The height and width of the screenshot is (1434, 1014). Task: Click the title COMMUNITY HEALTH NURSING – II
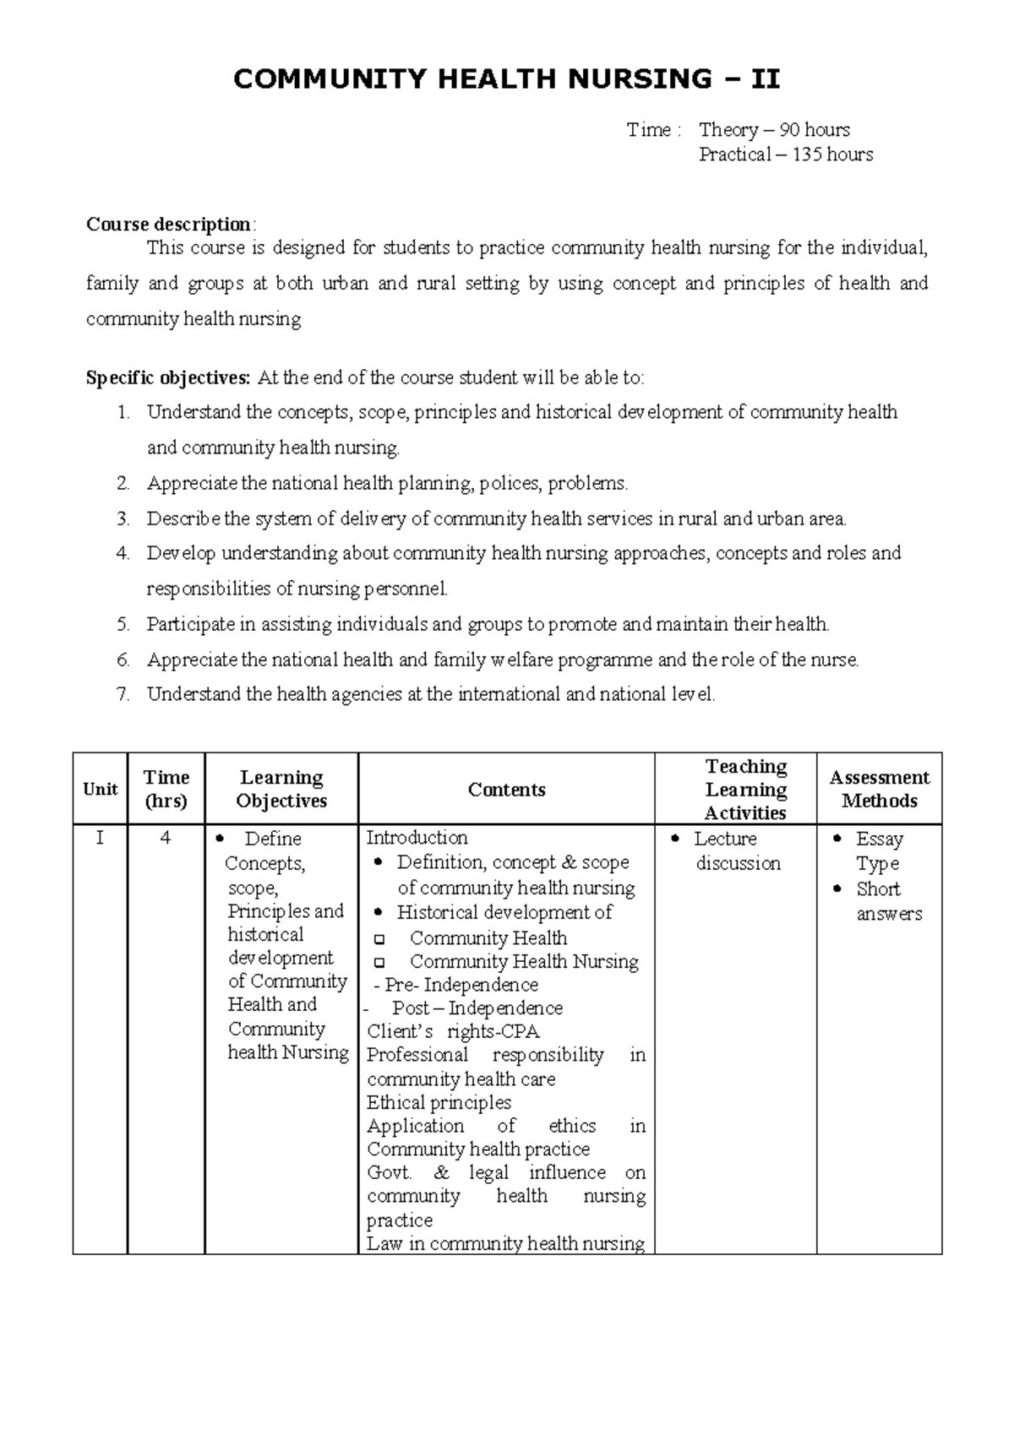click(506, 79)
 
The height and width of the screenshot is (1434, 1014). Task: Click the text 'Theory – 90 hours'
click(774, 130)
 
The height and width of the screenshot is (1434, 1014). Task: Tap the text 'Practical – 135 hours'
click(786, 155)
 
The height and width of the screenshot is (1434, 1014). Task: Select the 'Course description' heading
click(168, 225)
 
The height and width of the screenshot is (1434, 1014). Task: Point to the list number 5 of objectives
click(123, 625)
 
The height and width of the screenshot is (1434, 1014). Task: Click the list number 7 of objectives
click(123, 695)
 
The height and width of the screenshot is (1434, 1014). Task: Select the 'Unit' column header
click(101, 790)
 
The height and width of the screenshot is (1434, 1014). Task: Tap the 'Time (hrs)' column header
click(166, 790)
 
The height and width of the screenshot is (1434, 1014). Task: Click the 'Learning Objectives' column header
click(281, 790)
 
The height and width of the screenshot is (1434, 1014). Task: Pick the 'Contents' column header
click(506, 790)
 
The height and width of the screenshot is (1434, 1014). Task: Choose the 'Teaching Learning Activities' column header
click(745, 790)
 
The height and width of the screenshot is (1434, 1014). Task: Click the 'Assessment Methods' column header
click(879, 790)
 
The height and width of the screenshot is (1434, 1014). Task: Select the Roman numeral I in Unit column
click(101, 839)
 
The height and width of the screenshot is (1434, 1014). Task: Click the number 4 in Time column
click(166, 839)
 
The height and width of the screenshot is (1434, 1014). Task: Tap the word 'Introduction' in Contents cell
click(417, 838)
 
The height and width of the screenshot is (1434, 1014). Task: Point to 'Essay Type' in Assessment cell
click(879, 851)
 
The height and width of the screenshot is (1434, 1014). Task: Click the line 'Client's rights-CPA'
click(453, 1032)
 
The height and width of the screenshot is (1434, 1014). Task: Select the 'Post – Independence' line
click(477, 1008)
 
